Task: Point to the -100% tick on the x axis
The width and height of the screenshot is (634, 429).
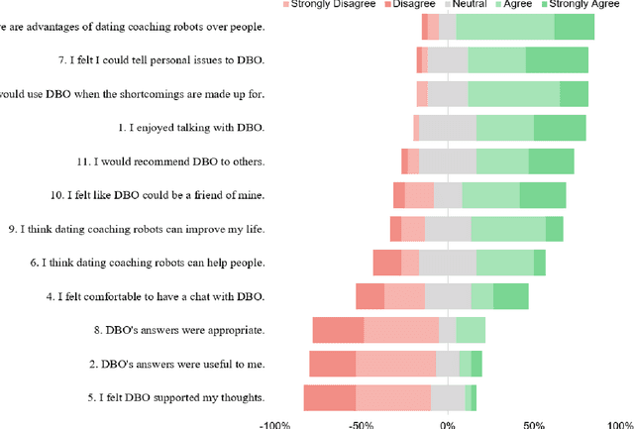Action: [x=274, y=423]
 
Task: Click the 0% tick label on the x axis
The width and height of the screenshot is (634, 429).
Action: [x=448, y=423]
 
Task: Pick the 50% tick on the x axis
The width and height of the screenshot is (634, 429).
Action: [x=534, y=423]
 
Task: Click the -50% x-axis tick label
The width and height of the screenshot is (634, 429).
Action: [x=361, y=423]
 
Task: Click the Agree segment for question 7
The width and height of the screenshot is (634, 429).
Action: [x=496, y=60]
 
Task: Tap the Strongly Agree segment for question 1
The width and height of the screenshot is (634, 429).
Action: [x=560, y=128]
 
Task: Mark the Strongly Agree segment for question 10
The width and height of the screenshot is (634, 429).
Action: [x=543, y=195]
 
